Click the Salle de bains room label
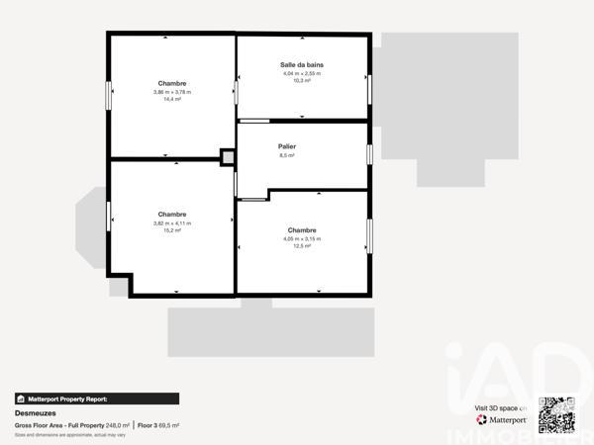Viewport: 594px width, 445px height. (x=302, y=64)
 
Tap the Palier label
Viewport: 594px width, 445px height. (x=287, y=146)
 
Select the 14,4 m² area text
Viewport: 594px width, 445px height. (x=172, y=100)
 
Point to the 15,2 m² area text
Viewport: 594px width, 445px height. (x=172, y=230)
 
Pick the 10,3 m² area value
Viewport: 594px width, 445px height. (x=302, y=80)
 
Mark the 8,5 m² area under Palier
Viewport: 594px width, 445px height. (x=287, y=155)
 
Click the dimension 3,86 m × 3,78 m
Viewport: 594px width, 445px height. (x=172, y=92)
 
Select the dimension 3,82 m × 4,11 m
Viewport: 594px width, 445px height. (x=172, y=222)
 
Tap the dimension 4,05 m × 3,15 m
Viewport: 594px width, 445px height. (x=302, y=237)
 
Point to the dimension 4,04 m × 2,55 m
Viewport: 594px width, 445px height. (x=302, y=72)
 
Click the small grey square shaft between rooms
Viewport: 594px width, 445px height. (x=229, y=157)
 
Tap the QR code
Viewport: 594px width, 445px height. (x=556, y=415)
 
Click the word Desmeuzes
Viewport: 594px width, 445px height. (x=35, y=413)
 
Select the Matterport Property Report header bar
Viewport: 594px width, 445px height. (x=97, y=399)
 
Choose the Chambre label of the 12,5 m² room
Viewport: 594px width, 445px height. (x=302, y=228)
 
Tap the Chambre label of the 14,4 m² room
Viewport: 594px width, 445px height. (x=172, y=83)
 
